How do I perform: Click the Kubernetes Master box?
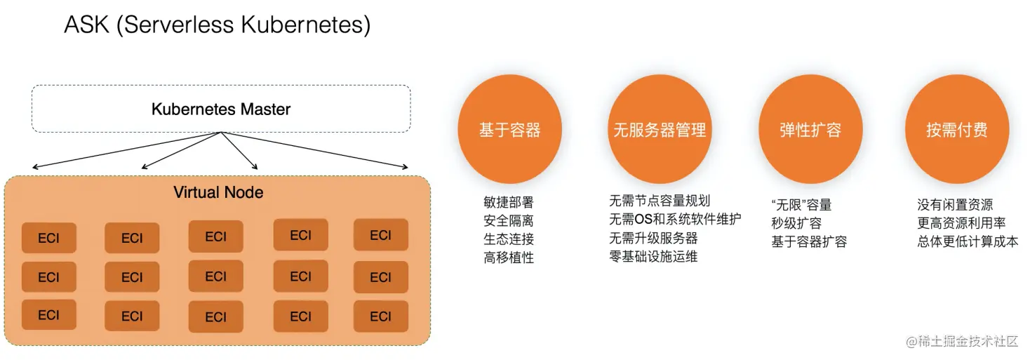pos(220,109)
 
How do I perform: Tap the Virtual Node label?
pos(218,192)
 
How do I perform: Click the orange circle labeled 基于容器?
pos(509,130)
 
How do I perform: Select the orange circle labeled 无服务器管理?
pos(659,130)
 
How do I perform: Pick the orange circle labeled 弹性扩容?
pos(810,130)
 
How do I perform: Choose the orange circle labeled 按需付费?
pos(956,130)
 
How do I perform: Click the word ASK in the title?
pos(88,25)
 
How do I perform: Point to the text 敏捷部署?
pos(509,203)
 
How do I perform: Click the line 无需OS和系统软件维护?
pos(675,220)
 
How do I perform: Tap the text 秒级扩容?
pos(796,223)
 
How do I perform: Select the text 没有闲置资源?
pos(955,205)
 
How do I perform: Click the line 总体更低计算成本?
pos(968,241)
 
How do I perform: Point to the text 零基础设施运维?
pos(653,256)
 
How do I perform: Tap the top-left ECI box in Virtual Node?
pos(48,238)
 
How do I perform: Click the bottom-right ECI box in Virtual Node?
pos(380,316)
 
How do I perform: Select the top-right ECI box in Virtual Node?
pos(380,235)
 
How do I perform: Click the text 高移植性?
pos(509,258)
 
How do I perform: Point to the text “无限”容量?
pos(801,205)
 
